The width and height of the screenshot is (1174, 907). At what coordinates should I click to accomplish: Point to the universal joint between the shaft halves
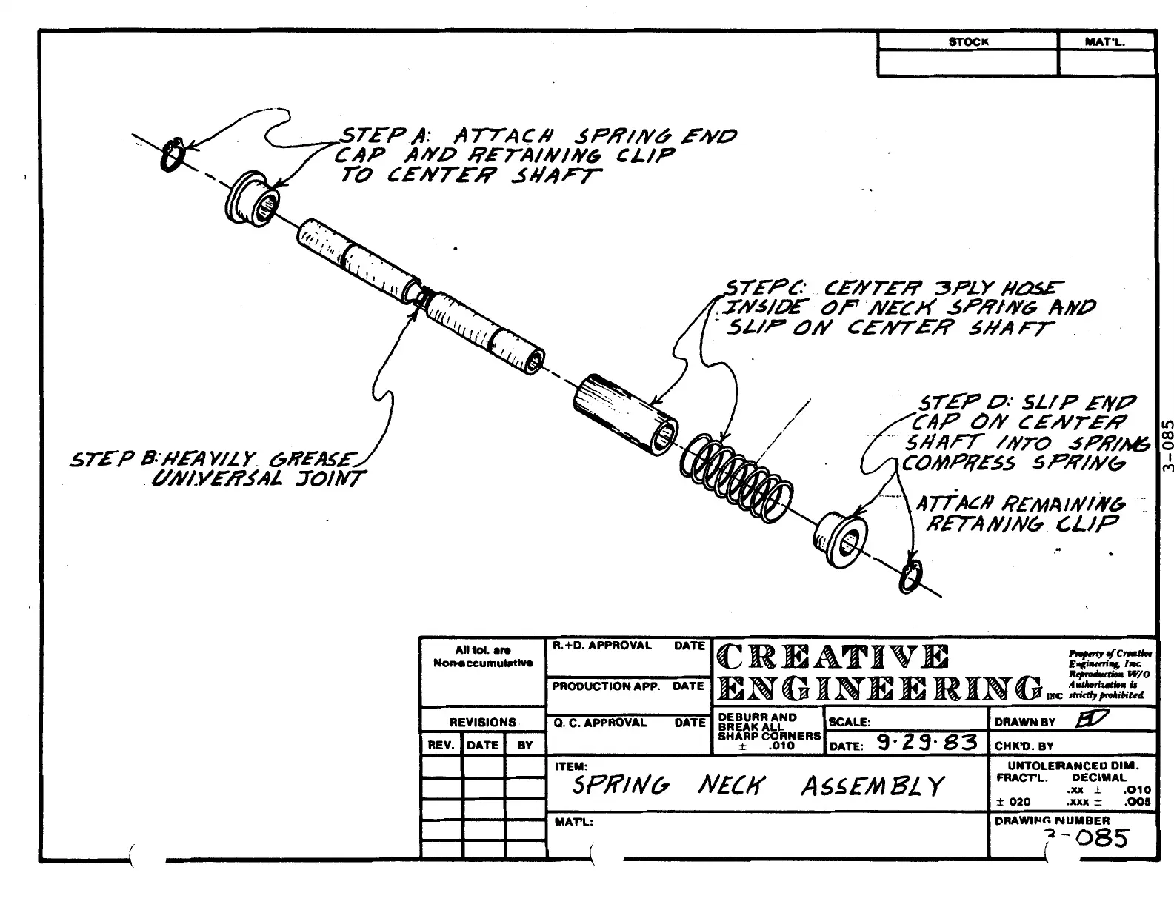pyautogui.click(x=423, y=296)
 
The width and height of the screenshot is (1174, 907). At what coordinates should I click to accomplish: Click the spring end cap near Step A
pyautogui.click(x=253, y=198)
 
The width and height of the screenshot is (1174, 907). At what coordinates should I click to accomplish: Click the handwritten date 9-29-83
pyautogui.click(x=926, y=742)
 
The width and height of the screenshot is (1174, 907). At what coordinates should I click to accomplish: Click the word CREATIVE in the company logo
pyautogui.click(x=832, y=657)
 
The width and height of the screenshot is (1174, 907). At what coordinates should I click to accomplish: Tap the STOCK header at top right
pyautogui.click(x=968, y=42)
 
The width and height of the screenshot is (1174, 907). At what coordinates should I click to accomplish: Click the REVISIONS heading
pyautogui.click(x=482, y=722)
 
